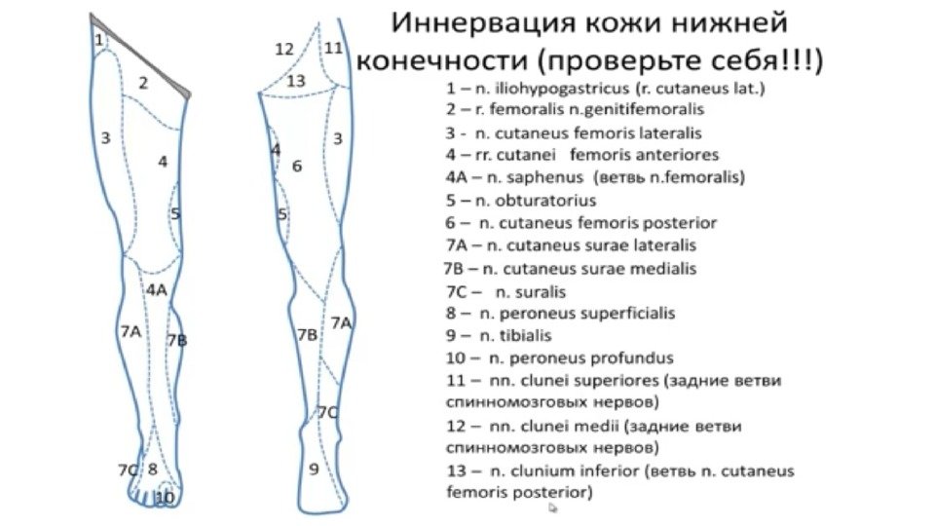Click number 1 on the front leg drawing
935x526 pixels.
(99, 40)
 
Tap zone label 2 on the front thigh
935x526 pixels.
(142, 83)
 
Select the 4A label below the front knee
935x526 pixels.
(156, 289)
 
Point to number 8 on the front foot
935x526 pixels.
(152, 469)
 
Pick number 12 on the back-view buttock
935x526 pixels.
(284, 49)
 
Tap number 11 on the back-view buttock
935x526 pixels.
(334, 47)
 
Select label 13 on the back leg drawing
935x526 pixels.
(296, 80)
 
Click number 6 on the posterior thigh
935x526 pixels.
(297, 166)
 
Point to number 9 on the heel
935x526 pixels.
(314, 470)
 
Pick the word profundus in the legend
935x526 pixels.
(634, 358)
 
